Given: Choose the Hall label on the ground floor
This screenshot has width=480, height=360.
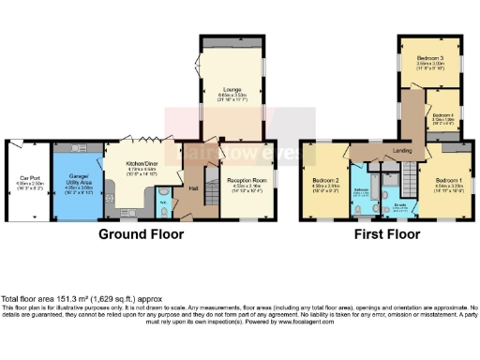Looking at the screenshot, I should coord(193,187).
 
